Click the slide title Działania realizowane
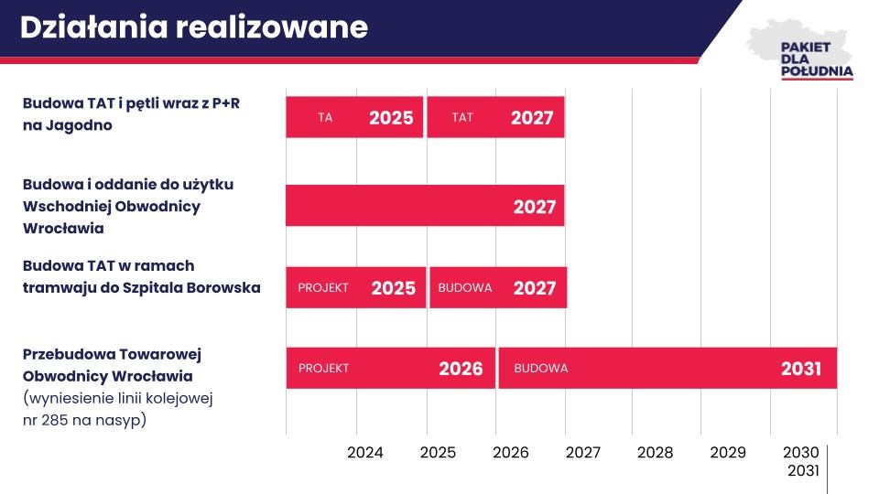click(x=194, y=27)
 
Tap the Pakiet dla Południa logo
click(x=802, y=50)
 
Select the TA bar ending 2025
click(x=354, y=117)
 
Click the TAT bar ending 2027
click(x=495, y=117)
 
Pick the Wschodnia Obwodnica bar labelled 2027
click(x=425, y=206)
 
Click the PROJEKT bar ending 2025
click(x=356, y=287)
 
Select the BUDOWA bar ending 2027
click(x=498, y=287)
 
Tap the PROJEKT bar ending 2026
click(x=391, y=368)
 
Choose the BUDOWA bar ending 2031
click(x=667, y=368)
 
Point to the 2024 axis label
click(x=365, y=453)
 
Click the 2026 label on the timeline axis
click(x=511, y=453)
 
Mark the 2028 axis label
click(x=655, y=453)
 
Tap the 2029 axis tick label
click(x=728, y=453)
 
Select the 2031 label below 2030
click(x=803, y=471)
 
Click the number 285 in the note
click(x=55, y=420)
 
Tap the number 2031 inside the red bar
click(x=801, y=369)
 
